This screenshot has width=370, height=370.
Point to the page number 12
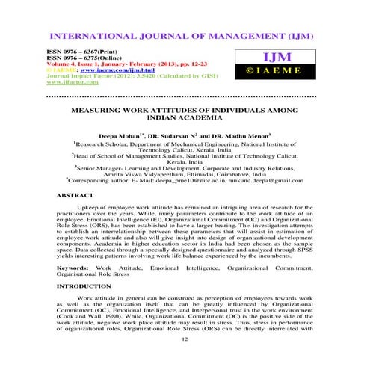(185, 338)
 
